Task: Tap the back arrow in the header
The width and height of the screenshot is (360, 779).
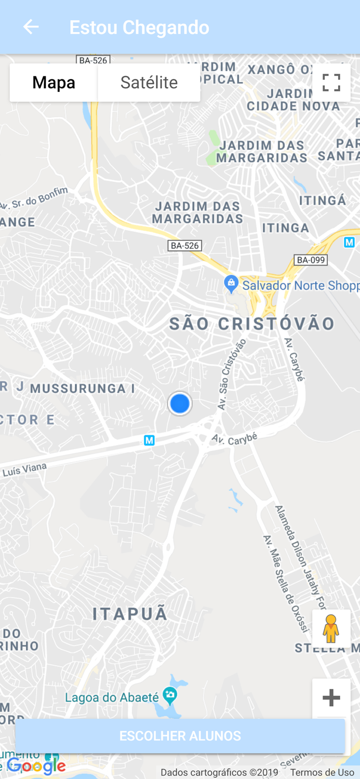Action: (31, 27)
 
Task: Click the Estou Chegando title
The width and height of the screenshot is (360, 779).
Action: (139, 28)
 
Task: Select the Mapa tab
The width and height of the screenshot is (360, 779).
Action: (54, 83)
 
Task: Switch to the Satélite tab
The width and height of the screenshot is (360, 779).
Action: (149, 83)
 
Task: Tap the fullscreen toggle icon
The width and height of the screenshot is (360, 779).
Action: (331, 83)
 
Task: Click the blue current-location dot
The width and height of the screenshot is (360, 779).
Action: (180, 404)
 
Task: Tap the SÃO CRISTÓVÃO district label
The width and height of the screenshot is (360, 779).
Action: (252, 324)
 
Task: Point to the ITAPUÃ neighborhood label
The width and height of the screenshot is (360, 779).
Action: (130, 614)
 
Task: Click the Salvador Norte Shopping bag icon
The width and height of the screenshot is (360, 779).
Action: (231, 284)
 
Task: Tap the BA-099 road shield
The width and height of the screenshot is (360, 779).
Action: (310, 260)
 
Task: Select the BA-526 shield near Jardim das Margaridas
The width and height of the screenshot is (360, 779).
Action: (184, 246)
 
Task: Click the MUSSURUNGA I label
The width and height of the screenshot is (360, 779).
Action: (83, 388)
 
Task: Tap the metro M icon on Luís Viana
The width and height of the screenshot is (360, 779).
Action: (149, 440)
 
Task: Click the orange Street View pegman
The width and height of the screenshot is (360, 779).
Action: (331, 629)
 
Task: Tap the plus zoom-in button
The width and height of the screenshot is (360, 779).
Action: (331, 697)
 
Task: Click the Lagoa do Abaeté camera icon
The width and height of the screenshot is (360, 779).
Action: (170, 694)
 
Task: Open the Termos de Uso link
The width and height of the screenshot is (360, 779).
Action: (322, 773)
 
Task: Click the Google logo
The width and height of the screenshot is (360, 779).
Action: (36, 766)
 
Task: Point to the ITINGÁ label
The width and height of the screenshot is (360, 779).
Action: (323, 200)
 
